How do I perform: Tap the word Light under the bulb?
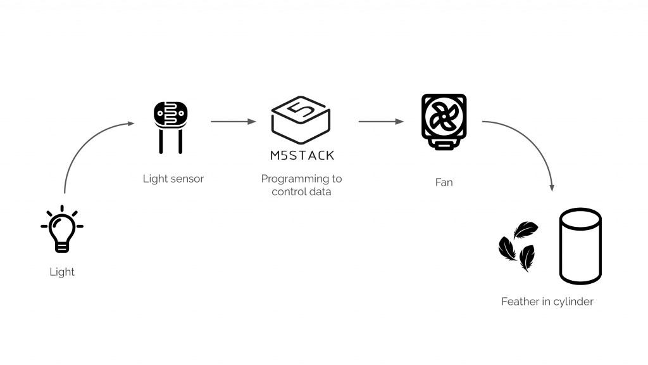coord(62,272)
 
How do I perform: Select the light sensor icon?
coord(170,127)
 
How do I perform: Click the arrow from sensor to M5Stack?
coord(233,121)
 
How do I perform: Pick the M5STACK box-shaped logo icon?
coord(301,119)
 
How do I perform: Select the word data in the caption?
coord(319,192)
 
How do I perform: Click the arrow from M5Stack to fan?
coord(381,121)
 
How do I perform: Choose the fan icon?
coord(444,122)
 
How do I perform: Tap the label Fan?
coord(444,182)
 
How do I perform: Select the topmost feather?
coord(526,229)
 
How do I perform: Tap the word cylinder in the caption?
coord(573,302)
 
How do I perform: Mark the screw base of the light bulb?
coord(62,247)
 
